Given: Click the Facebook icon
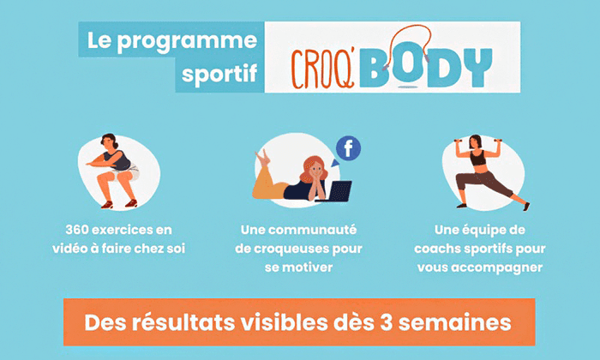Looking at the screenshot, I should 347,148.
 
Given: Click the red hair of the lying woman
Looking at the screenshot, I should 313,165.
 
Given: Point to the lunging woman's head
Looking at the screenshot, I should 477,142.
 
